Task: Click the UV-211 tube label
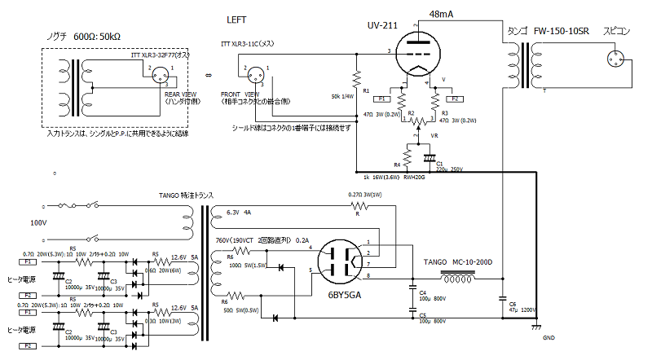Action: tap(381, 26)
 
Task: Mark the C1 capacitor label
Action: tap(440, 163)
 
